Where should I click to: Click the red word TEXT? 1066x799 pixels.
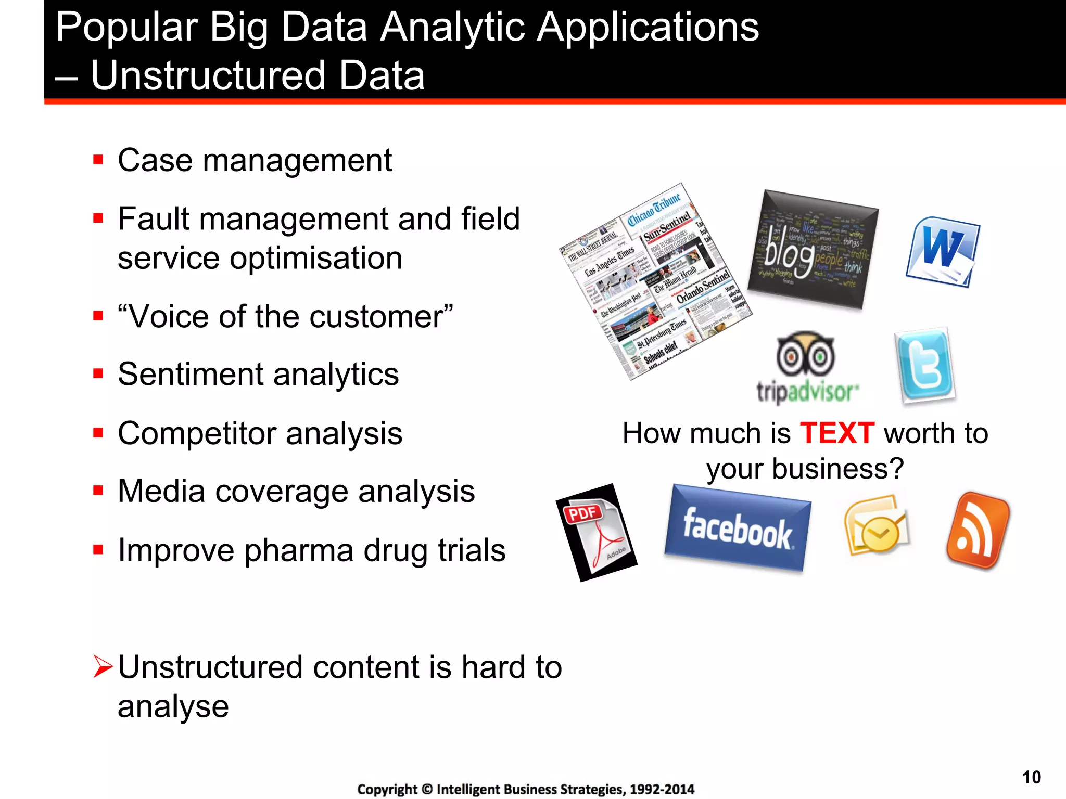click(836, 433)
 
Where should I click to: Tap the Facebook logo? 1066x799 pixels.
click(737, 529)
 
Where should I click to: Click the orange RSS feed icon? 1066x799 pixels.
click(976, 531)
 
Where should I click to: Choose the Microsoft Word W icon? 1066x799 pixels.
click(942, 252)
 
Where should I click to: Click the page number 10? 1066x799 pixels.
click(1031, 777)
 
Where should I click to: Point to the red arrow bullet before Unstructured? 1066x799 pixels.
click(103, 667)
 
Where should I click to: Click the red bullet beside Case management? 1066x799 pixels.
click(98, 159)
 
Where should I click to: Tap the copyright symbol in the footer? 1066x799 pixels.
click(427, 789)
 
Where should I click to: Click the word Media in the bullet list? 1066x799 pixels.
click(161, 491)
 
